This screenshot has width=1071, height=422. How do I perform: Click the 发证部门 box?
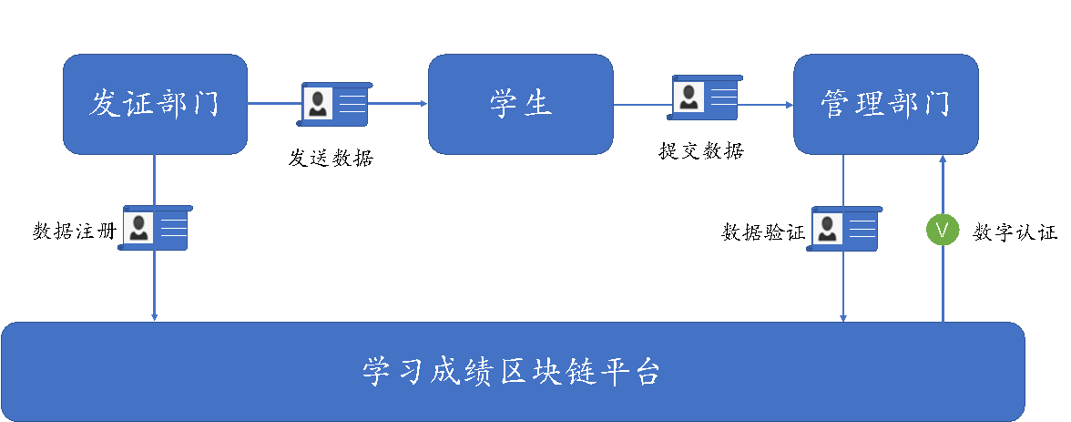[x=155, y=104]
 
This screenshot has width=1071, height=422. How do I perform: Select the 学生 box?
[x=521, y=104]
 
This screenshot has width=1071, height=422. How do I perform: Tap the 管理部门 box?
[x=885, y=104]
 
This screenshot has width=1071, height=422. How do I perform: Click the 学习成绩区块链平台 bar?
[x=513, y=372]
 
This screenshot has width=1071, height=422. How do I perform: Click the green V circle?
[x=943, y=230]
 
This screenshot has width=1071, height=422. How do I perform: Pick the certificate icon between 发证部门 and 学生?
[x=335, y=104]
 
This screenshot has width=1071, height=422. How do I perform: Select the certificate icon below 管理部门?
[x=845, y=228]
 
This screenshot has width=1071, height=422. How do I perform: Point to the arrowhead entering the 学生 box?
[x=423, y=104]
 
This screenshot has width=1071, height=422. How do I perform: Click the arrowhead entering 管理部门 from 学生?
[x=789, y=105]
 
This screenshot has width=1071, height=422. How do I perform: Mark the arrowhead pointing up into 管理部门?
[x=943, y=159]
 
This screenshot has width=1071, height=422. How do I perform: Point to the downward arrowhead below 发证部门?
[x=155, y=316]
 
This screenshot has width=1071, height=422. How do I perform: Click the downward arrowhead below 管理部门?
[x=843, y=317]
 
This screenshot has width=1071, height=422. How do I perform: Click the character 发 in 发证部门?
[x=103, y=104]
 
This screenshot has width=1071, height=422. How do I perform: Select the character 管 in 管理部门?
[x=834, y=104]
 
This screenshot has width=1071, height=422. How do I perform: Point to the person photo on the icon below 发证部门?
[x=138, y=228]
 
